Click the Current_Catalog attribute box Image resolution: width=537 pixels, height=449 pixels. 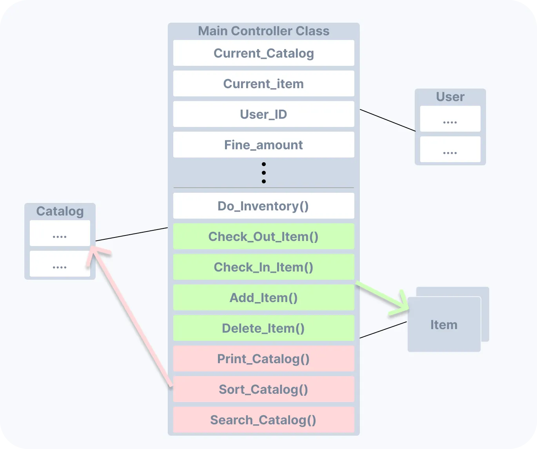(x=263, y=53)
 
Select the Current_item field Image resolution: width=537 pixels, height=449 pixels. (x=263, y=84)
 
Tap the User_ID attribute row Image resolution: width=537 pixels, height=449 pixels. (x=263, y=114)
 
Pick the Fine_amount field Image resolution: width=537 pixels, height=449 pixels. (x=263, y=145)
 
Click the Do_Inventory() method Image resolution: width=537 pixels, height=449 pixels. (x=263, y=206)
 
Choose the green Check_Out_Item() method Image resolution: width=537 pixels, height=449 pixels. (x=263, y=237)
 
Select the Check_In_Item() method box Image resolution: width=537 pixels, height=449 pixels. (x=263, y=267)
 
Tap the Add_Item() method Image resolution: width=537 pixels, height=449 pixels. (x=263, y=298)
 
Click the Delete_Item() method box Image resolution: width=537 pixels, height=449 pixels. (x=263, y=328)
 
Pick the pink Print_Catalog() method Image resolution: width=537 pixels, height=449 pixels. (x=263, y=359)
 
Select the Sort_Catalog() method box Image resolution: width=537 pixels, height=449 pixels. (x=263, y=389)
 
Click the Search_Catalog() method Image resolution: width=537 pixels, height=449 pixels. (x=263, y=420)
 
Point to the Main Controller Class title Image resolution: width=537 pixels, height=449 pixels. (x=263, y=31)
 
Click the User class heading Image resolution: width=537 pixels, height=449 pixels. (x=450, y=97)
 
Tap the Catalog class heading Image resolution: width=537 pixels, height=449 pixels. (x=60, y=211)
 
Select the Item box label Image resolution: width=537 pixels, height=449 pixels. (x=444, y=325)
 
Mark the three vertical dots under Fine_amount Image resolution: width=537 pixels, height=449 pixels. (x=264, y=173)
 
